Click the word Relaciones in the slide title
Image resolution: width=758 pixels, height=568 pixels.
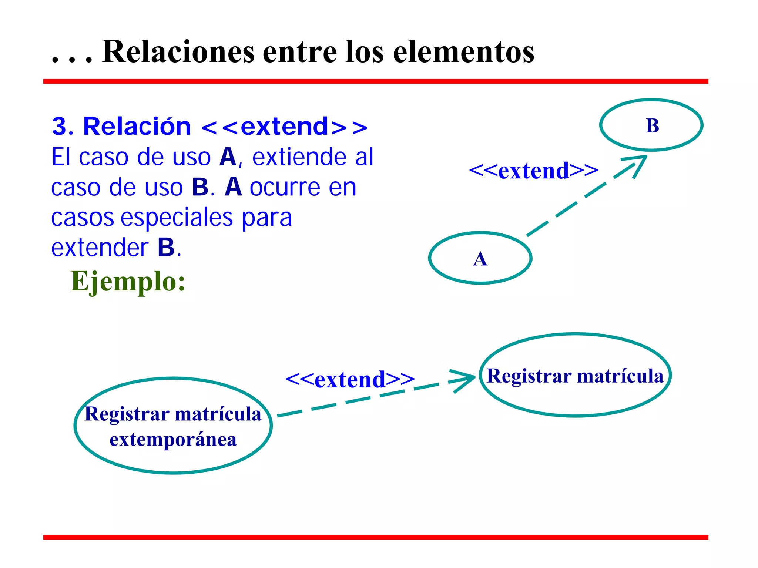[178, 52]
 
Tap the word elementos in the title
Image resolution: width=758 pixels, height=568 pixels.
[463, 52]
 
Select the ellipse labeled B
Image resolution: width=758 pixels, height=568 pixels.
[651, 125]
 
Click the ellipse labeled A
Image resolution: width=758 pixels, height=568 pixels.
[480, 258]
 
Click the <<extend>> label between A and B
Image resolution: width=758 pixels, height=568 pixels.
[533, 171]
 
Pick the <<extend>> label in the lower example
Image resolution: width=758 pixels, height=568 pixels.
[350, 379]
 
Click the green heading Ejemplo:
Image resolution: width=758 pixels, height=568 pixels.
[128, 282]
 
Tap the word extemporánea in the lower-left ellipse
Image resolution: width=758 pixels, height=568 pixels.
[173, 440]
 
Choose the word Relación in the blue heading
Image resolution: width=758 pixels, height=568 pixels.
[137, 127]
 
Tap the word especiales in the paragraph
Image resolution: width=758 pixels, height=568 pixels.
[177, 218]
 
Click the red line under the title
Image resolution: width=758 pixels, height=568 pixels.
[375, 81]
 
